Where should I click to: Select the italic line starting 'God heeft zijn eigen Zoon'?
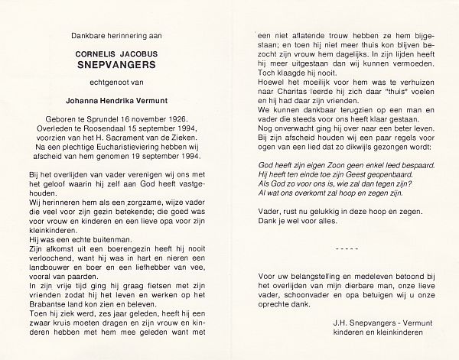[346, 165]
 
